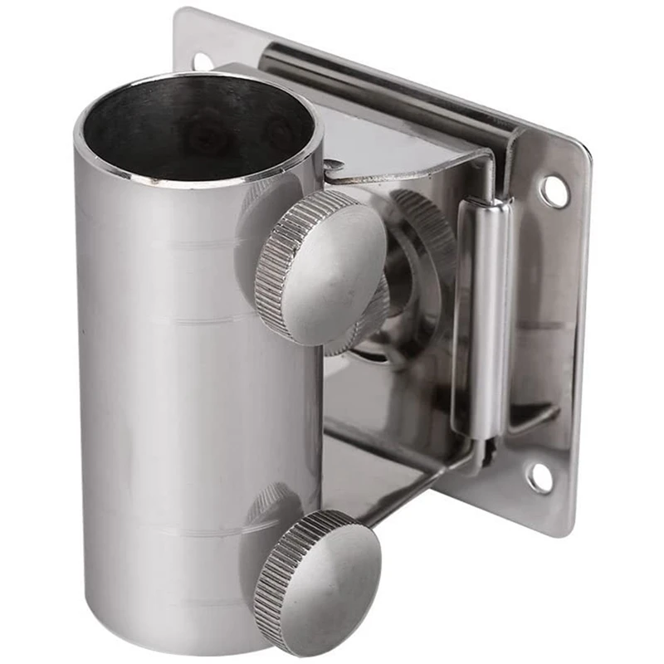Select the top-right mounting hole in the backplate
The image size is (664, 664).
[x=554, y=192]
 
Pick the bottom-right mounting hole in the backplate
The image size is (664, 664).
[x=538, y=477]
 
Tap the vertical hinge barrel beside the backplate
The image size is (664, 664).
[x=481, y=315]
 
